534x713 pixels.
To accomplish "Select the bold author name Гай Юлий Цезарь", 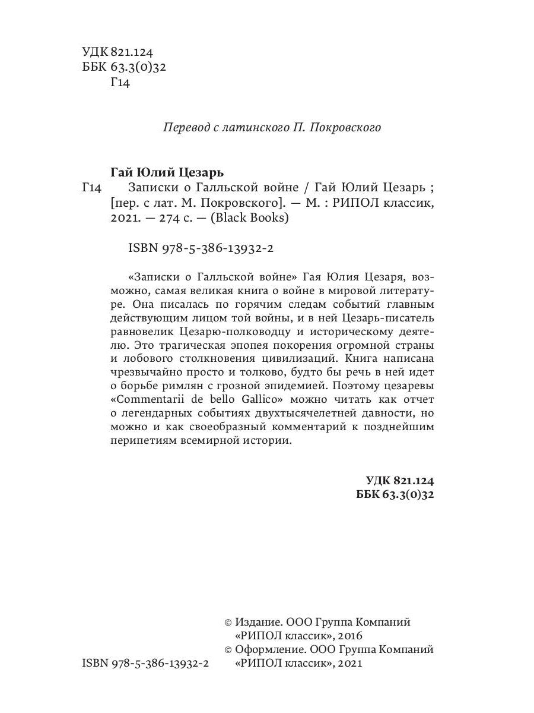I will pos(167,172).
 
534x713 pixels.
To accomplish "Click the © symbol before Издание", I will pos(227,622).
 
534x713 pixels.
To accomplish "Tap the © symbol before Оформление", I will pos(227,650).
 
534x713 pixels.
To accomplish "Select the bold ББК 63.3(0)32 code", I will pos(396,494).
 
